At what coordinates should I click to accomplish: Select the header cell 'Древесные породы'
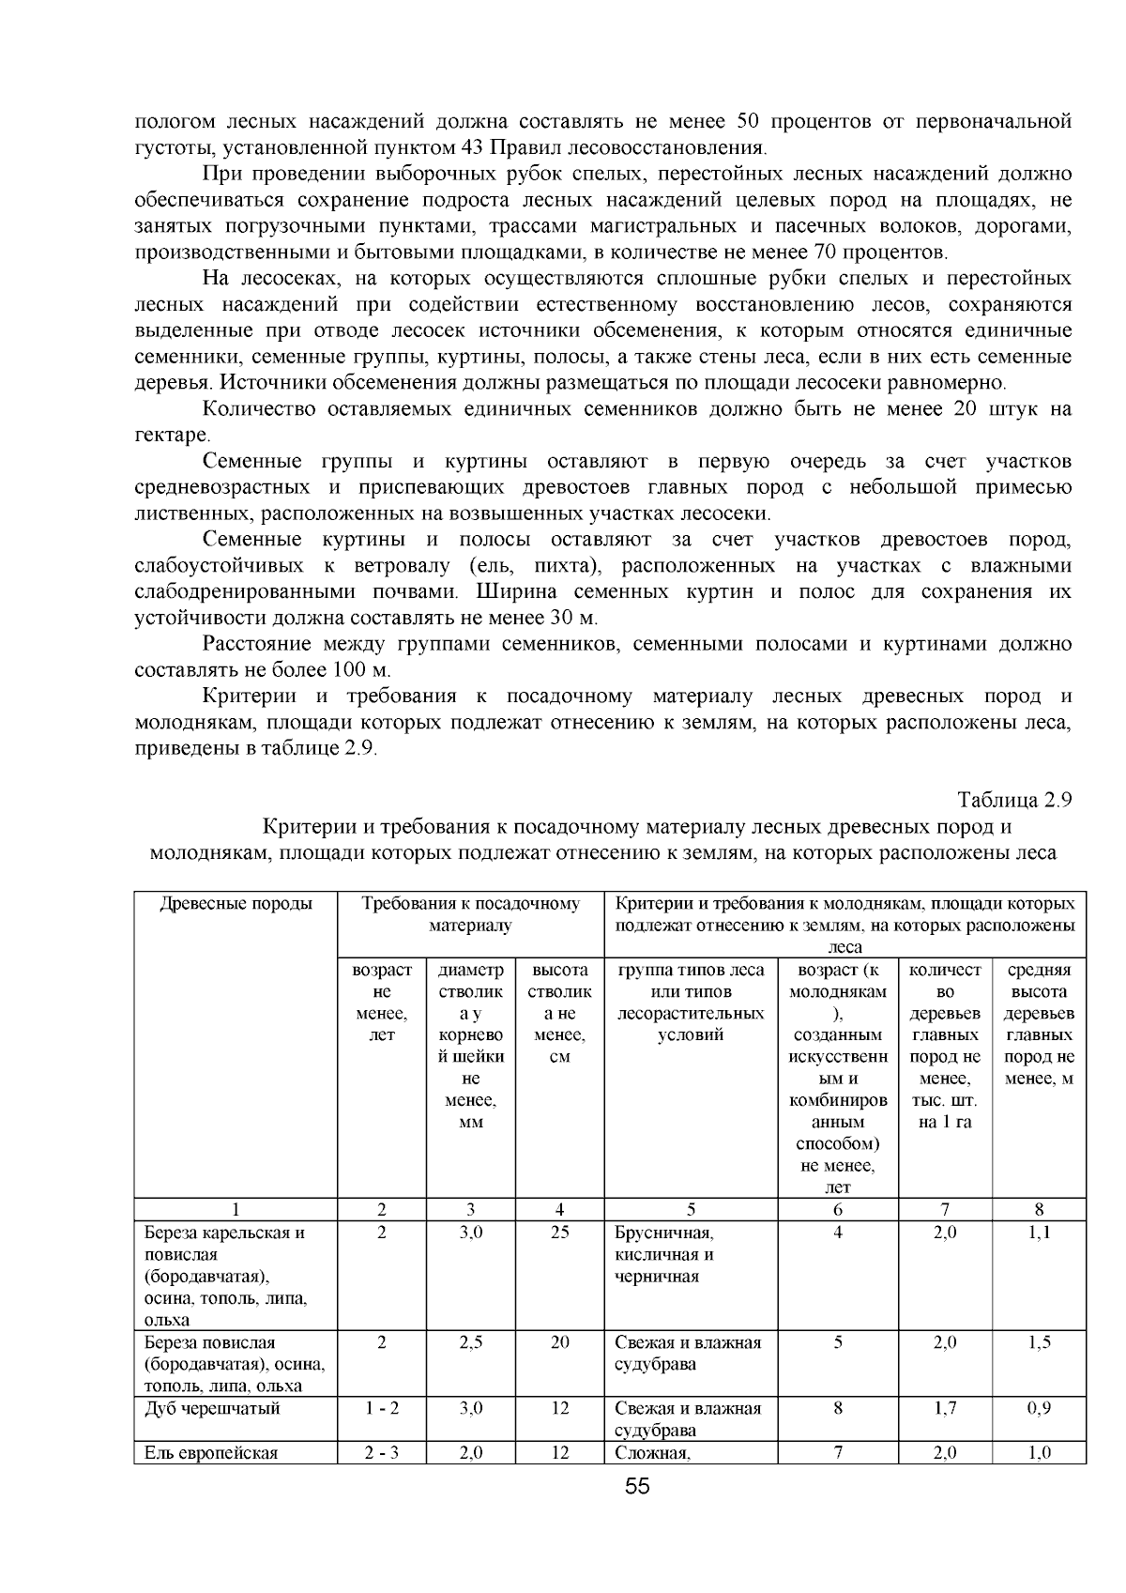point(236,904)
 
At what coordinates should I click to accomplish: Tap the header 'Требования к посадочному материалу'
point(470,914)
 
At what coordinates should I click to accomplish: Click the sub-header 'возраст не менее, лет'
point(381,1003)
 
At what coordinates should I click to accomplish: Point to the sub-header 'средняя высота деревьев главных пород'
point(1039,1024)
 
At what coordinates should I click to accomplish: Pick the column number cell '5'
point(691,1210)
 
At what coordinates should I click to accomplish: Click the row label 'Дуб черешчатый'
point(212,1408)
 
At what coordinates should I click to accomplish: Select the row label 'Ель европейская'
point(211,1453)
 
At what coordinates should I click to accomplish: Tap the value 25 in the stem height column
point(559,1233)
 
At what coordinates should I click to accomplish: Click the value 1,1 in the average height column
point(1039,1233)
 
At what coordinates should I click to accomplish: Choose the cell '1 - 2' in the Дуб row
point(381,1408)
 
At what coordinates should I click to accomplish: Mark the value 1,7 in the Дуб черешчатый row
point(945,1408)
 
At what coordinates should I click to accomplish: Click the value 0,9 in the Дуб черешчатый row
point(1039,1408)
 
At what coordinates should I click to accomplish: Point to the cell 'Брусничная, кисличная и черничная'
point(664,1254)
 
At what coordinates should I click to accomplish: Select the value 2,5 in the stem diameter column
point(470,1342)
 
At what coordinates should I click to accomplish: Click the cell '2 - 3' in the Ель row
point(381,1453)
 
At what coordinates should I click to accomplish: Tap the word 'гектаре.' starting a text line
point(173,436)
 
